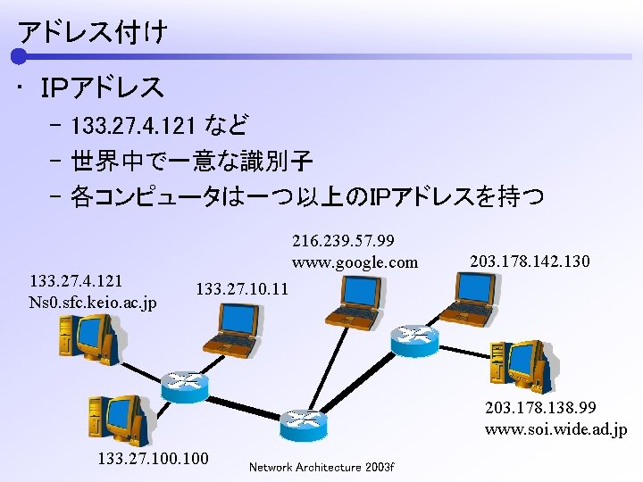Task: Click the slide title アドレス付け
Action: point(91,33)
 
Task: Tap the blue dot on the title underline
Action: point(20,57)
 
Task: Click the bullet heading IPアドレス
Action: point(102,87)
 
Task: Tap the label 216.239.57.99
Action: point(344,242)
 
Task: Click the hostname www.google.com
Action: point(355,262)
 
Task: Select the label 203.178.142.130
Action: point(529,262)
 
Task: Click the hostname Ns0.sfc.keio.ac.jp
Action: point(93,302)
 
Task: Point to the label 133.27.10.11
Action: point(242,289)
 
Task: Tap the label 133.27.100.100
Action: point(153,459)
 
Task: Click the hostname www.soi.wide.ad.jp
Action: point(555,429)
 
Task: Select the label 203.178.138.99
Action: point(541,409)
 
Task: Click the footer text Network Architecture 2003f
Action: point(321,467)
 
